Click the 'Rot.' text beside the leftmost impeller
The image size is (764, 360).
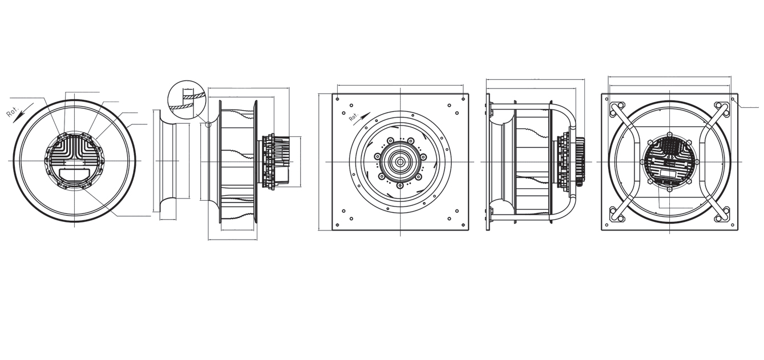(x=13, y=112)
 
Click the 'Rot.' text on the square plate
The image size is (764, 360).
(x=354, y=118)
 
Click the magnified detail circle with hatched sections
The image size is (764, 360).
(x=187, y=99)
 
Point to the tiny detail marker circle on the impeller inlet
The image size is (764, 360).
(x=209, y=124)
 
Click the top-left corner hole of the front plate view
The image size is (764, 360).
(x=337, y=99)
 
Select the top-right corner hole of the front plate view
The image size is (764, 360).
(x=463, y=99)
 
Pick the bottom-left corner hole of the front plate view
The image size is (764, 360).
(x=337, y=225)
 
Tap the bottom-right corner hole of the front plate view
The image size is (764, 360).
(x=463, y=225)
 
